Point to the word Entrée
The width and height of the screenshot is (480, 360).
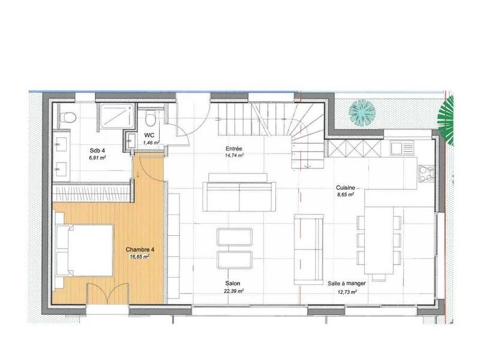233,148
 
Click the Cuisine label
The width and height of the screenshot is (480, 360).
344,187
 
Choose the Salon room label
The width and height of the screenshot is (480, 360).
233,283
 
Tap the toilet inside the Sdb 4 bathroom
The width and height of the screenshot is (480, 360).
67,116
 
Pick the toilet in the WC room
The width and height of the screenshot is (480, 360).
151,117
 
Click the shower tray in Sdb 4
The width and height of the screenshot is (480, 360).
117,115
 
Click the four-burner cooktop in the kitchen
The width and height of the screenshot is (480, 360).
425,173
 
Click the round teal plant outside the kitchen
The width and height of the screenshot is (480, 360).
362,112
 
